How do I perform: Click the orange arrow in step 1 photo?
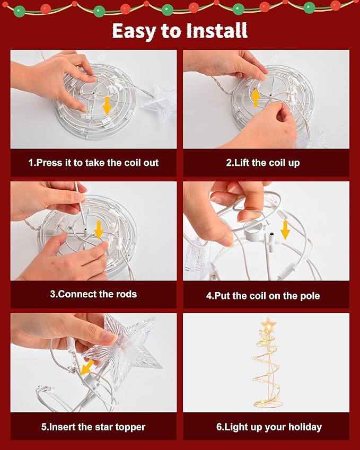(x=107, y=105)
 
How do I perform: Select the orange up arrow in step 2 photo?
(x=256, y=98)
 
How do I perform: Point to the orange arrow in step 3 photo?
(x=99, y=230)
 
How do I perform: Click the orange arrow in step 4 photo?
(x=285, y=230)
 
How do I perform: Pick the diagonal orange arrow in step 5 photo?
(x=87, y=367)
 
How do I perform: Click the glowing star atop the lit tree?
(x=268, y=324)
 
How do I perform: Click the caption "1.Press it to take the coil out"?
(x=94, y=163)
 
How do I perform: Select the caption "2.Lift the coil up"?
(x=262, y=163)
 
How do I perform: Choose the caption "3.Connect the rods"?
(x=94, y=294)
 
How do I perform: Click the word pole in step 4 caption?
(x=310, y=296)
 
